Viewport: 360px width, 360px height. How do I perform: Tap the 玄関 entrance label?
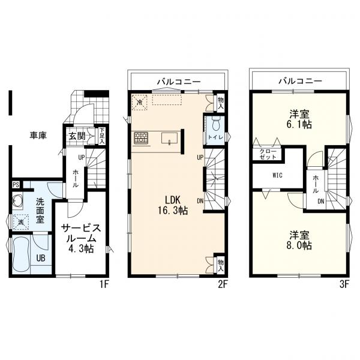[x=76, y=136]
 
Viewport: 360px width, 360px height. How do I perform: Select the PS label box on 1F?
[x=15, y=185]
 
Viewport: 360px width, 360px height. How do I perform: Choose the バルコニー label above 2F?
[x=179, y=80]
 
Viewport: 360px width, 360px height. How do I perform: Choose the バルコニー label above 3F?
[x=300, y=80]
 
